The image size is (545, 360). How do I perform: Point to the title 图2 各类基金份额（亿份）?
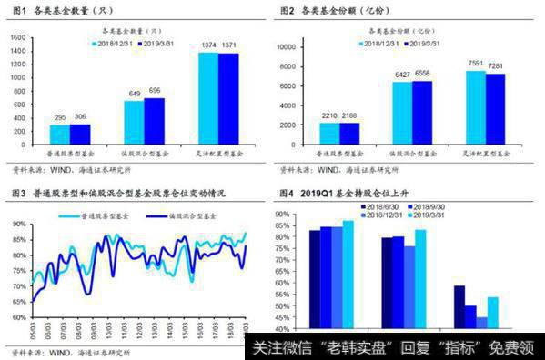tap(340, 12)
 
